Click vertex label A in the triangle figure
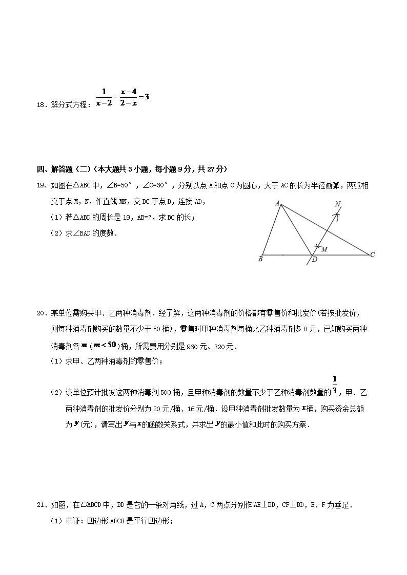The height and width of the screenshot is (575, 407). [277, 203]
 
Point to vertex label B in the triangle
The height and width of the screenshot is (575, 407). [260, 259]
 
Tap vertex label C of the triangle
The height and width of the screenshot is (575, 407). [373, 254]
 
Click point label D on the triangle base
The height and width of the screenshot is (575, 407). [314, 260]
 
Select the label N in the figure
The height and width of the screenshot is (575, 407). [338, 204]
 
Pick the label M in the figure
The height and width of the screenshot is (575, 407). [324, 249]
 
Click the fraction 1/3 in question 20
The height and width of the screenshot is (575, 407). [334, 385]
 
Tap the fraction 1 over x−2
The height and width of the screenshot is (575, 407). [104, 97]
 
